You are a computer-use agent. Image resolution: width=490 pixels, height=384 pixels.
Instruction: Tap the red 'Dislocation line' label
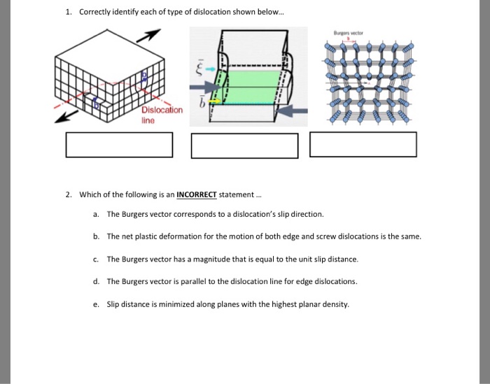[162, 115]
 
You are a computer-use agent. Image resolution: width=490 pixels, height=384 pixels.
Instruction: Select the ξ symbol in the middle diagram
[200, 67]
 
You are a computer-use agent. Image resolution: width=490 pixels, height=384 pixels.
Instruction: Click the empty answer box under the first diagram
[119, 144]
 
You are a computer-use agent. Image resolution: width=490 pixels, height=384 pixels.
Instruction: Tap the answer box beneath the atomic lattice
[363, 144]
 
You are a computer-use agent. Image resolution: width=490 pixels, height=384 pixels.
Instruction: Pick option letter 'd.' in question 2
[95, 281]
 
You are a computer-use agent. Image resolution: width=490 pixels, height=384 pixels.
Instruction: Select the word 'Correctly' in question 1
[94, 13]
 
